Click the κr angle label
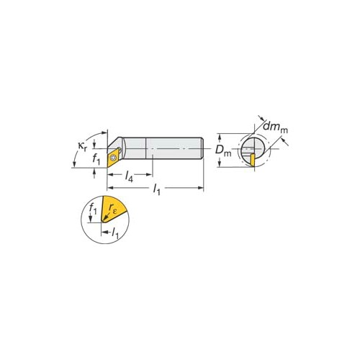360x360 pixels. (x=82, y=146)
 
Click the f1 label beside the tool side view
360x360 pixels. (x=96, y=159)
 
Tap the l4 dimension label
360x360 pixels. (x=129, y=176)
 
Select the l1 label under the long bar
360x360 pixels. (x=156, y=189)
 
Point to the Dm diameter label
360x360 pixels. (x=223, y=150)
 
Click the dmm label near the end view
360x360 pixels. (x=275, y=127)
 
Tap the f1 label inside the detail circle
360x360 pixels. (x=93, y=208)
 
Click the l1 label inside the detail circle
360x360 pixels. (x=115, y=233)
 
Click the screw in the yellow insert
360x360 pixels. (x=113, y=158)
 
